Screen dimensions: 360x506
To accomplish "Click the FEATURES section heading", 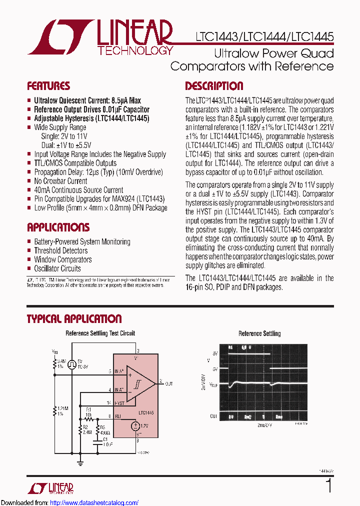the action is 48,85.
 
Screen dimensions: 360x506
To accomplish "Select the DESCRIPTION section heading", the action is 214,85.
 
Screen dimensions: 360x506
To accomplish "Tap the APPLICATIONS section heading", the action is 58,227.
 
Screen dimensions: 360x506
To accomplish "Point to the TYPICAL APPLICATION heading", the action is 74,319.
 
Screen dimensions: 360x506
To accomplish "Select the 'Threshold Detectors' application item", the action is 60,250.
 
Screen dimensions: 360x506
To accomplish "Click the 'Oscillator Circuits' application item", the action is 57,268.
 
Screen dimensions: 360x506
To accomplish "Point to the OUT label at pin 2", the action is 169,383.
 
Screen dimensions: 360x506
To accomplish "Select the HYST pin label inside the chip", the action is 119,403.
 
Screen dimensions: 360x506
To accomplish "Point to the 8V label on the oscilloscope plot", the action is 215,353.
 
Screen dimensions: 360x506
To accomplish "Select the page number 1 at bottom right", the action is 328,485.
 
